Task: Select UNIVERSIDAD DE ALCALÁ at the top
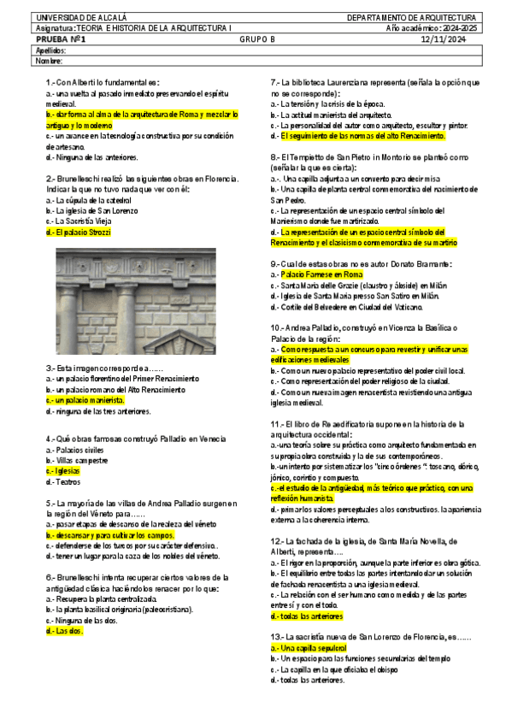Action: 69,17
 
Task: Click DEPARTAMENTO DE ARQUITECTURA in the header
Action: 412,17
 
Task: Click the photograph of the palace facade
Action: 123,301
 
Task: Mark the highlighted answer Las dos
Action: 64,631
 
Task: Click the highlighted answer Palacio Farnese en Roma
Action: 321,274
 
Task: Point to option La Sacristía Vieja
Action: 82,221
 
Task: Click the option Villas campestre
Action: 81,460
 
